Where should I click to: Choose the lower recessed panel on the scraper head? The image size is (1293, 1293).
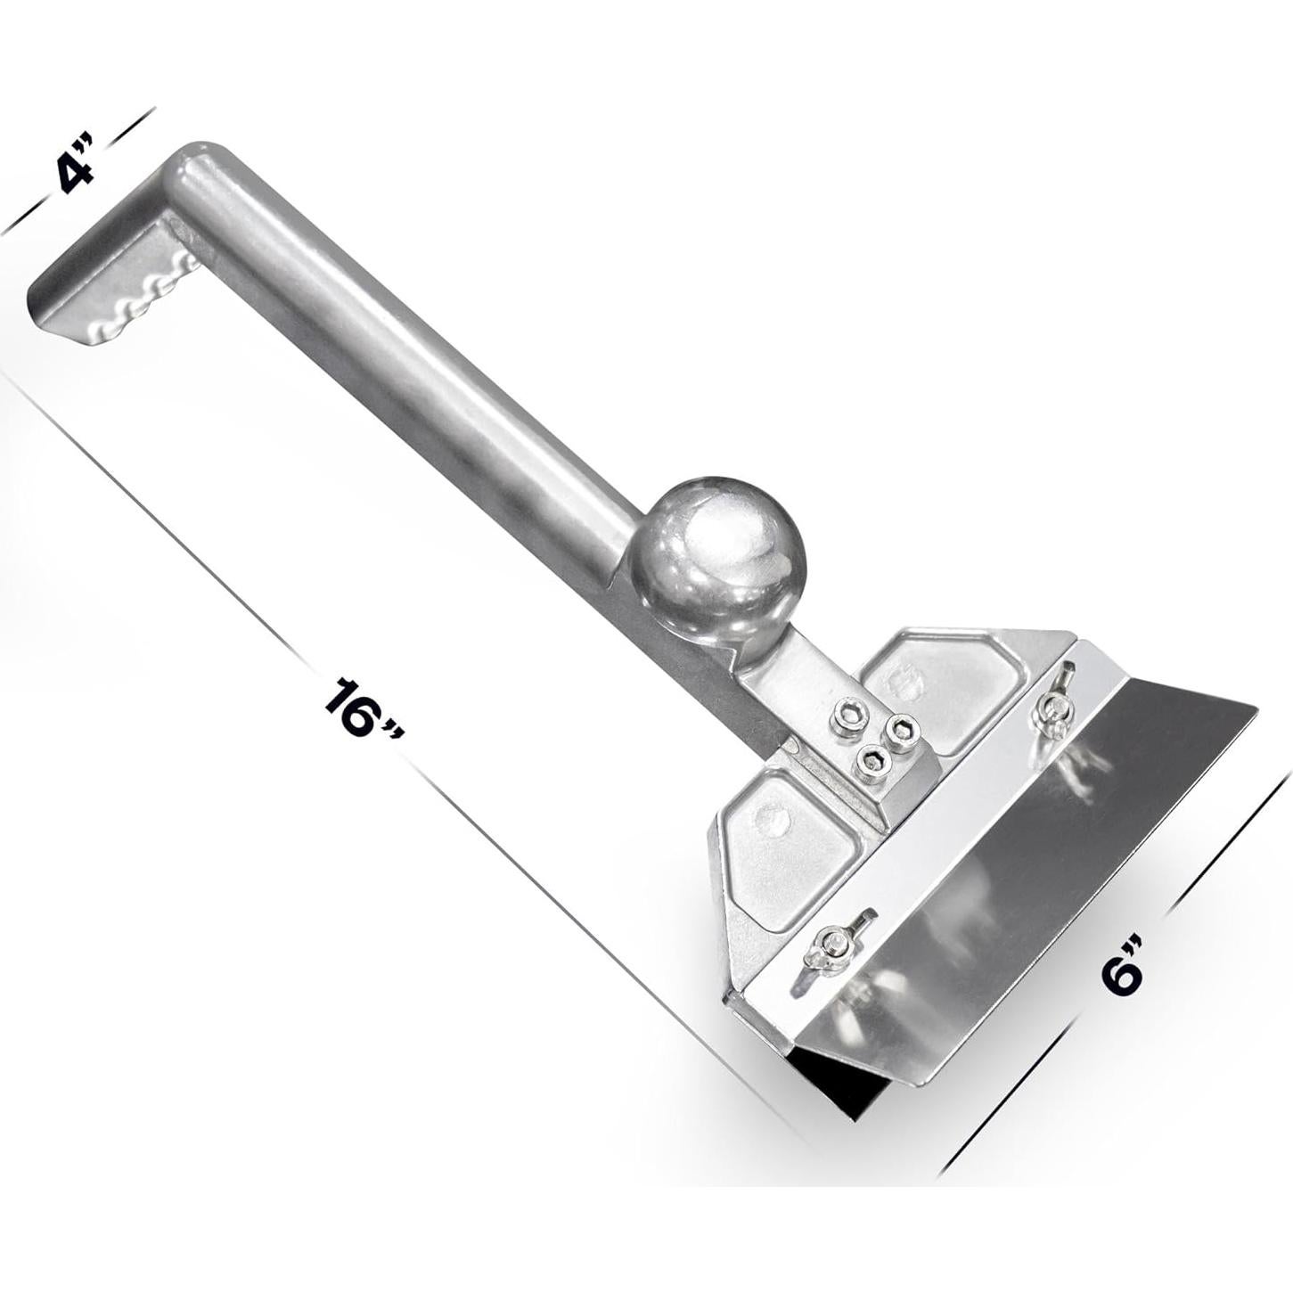pyautogui.click(x=784, y=847)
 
